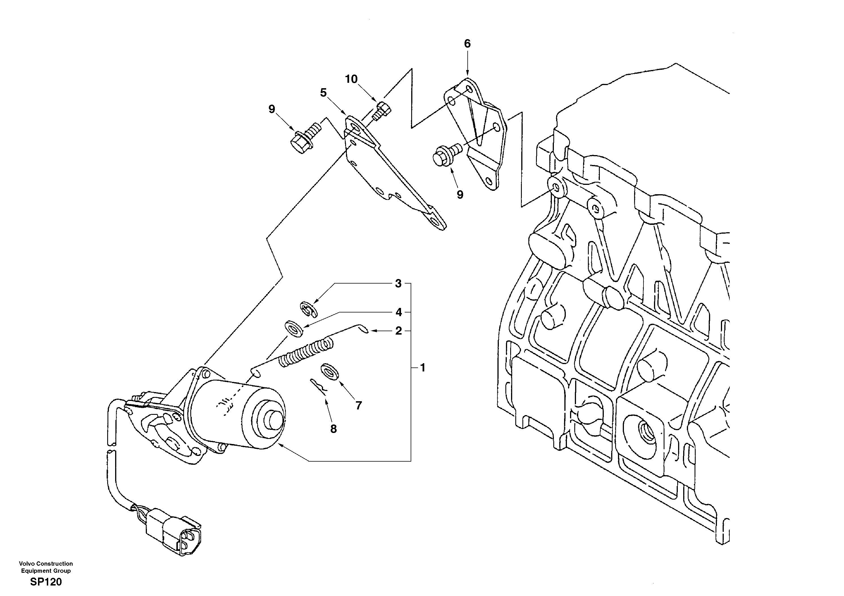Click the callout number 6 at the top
[467, 44]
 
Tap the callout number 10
[351, 79]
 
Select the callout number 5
[323, 93]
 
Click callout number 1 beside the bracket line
[423, 367]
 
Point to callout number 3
[398, 284]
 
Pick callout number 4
[398, 312]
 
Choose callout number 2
[398, 331]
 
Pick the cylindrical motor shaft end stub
[273, 421]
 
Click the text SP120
[46, 582]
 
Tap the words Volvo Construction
[46, 564]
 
